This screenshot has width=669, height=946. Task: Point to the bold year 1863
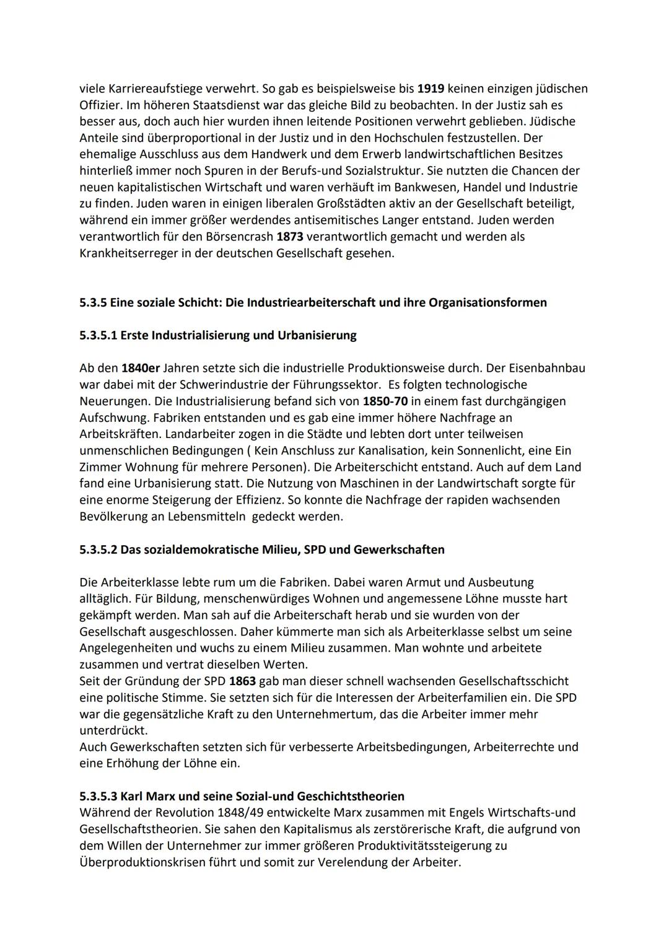tap(242, 681)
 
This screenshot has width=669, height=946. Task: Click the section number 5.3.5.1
tap(98, 335)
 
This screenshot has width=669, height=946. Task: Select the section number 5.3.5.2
tap(98, 550)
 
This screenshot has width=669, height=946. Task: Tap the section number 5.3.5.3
tap(98, 796)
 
